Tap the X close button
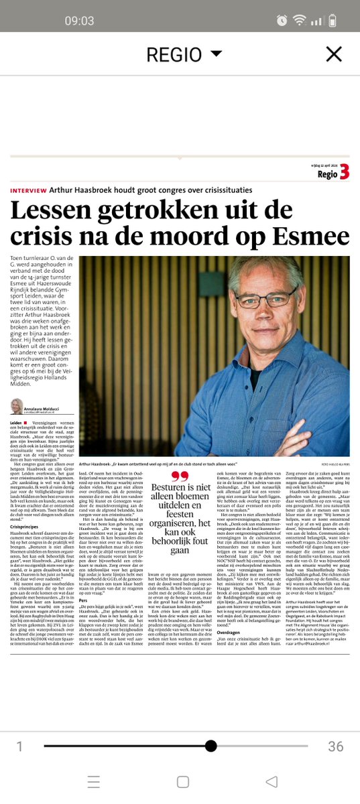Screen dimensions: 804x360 333,54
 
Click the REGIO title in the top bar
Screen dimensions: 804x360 174,54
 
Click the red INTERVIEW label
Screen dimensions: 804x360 33,190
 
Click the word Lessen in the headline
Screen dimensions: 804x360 57,211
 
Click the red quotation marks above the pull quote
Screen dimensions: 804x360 179,477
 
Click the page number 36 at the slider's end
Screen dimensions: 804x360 335,746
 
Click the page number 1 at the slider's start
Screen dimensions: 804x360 19,746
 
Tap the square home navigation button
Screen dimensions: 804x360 182,781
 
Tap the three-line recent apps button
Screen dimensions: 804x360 94,781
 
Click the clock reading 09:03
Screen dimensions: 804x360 79,21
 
